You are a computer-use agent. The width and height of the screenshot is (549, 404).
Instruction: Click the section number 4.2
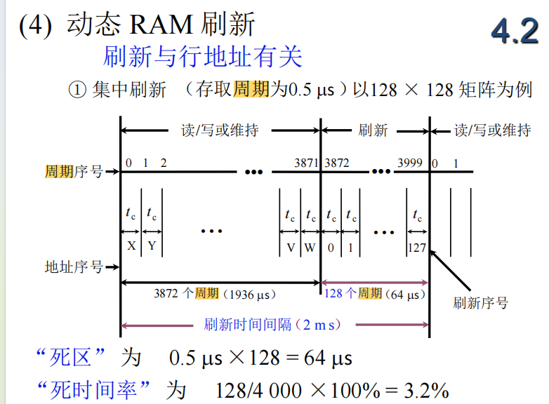tap(515, 32)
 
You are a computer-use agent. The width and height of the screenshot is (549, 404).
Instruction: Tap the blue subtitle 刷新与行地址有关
tap(202, 56)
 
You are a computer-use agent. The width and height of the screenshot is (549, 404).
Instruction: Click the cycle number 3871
tap(306, 163)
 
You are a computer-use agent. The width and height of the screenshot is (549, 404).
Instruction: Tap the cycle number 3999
tap(410, 163)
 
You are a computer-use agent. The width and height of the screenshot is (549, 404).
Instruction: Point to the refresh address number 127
tap(417, 247)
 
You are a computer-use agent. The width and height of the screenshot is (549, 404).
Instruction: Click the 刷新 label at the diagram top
tap(373, 130)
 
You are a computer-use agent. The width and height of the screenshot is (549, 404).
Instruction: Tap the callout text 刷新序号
tap(480, 303)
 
